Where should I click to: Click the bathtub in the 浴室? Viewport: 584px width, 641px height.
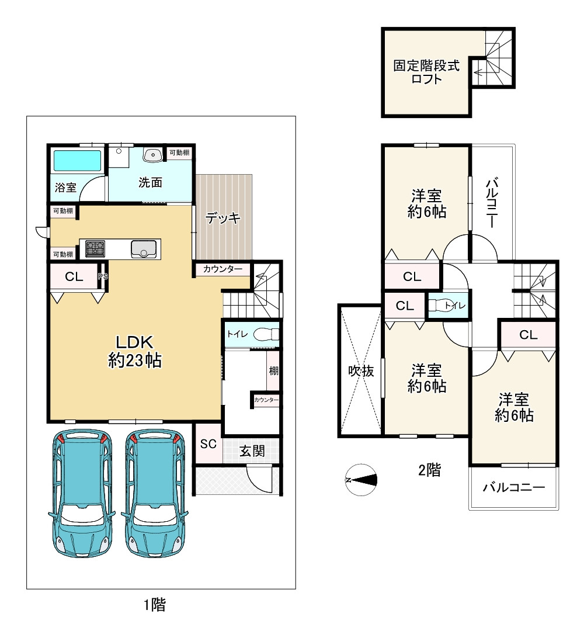(x=77, y=160)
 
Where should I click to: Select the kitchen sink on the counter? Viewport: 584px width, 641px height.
(x=144, y=249)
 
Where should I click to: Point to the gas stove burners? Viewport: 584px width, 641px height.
(x=95, y=248)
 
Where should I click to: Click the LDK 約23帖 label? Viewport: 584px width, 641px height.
(x=134, y=351)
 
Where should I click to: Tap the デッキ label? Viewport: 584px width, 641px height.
(x=223, y=218)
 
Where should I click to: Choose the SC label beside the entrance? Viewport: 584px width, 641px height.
(x=208, y=443)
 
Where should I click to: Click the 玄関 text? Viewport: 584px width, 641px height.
(x=252, y=451)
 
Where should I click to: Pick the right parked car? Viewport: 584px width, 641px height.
(x=155, y=493)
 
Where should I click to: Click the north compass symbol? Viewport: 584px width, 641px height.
(x=361, y=480)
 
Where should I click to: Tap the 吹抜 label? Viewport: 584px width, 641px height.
(x=361, y=371)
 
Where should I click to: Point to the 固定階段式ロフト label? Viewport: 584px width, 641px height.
(x=426, y=72)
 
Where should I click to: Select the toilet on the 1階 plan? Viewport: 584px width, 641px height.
(x=266, y=335)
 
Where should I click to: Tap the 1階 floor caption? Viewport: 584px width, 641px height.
(x=154, y=605)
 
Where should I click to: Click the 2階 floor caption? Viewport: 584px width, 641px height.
(x=429, y=470)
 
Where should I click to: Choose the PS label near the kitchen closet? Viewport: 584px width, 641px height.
(x=103, y=276)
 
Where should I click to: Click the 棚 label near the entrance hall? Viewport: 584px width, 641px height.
(x=273, y=371)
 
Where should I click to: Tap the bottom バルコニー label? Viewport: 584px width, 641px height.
(x=514, y=487)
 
